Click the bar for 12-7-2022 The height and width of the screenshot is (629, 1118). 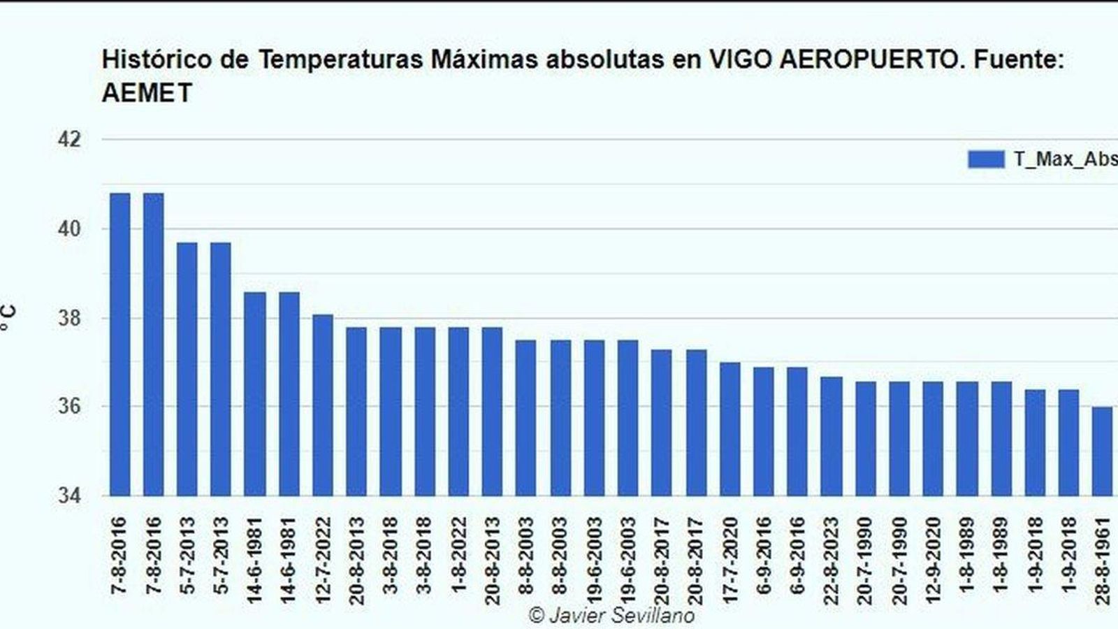[322, 405]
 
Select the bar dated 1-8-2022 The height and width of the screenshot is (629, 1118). [458, 412]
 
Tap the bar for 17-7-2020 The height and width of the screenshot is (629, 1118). [729, 429]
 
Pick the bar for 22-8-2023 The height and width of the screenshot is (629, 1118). [831, 436]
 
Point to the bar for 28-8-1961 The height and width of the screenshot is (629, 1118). [1102, 451]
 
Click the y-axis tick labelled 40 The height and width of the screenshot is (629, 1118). [68, 229]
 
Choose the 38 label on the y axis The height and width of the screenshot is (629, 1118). [68, 319]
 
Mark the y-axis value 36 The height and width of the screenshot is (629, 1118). [68, 407]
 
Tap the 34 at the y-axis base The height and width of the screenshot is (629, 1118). [68, 496]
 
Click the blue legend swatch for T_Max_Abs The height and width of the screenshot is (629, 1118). [986, 159]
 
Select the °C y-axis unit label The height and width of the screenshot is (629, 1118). [8, 319]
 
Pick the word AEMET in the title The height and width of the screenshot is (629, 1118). [147, 93]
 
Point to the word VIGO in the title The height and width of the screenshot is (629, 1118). [740, 60]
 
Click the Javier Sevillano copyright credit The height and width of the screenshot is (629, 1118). [612, 616]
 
